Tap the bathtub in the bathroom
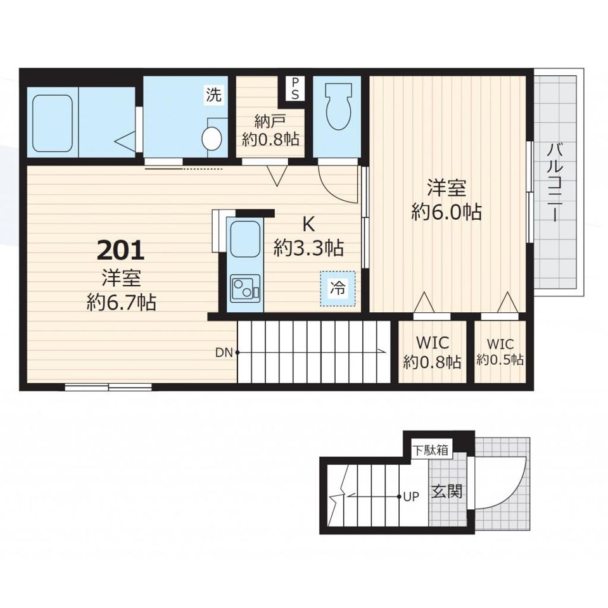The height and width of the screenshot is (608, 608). coord(53,123)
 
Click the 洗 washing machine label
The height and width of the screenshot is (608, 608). coord(213,94)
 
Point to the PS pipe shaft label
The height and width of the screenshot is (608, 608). coord(296,89)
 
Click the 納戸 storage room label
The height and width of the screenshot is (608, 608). coord(270,122)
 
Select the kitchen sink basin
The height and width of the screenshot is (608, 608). coord(245,239)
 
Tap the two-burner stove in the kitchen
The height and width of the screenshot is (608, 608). coord(245,289)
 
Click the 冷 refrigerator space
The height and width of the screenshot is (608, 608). coord(338,288)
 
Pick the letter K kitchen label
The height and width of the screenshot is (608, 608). coord(308,224)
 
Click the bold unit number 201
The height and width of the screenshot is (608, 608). coord(120,250)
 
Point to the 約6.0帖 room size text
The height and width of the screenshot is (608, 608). coord(446,212)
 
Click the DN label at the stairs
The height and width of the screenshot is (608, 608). coord(224,353)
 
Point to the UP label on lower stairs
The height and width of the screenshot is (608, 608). coord(412,497)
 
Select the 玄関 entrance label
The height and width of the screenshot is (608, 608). coord(447,491)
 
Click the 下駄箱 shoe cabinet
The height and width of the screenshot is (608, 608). coord(431,450)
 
